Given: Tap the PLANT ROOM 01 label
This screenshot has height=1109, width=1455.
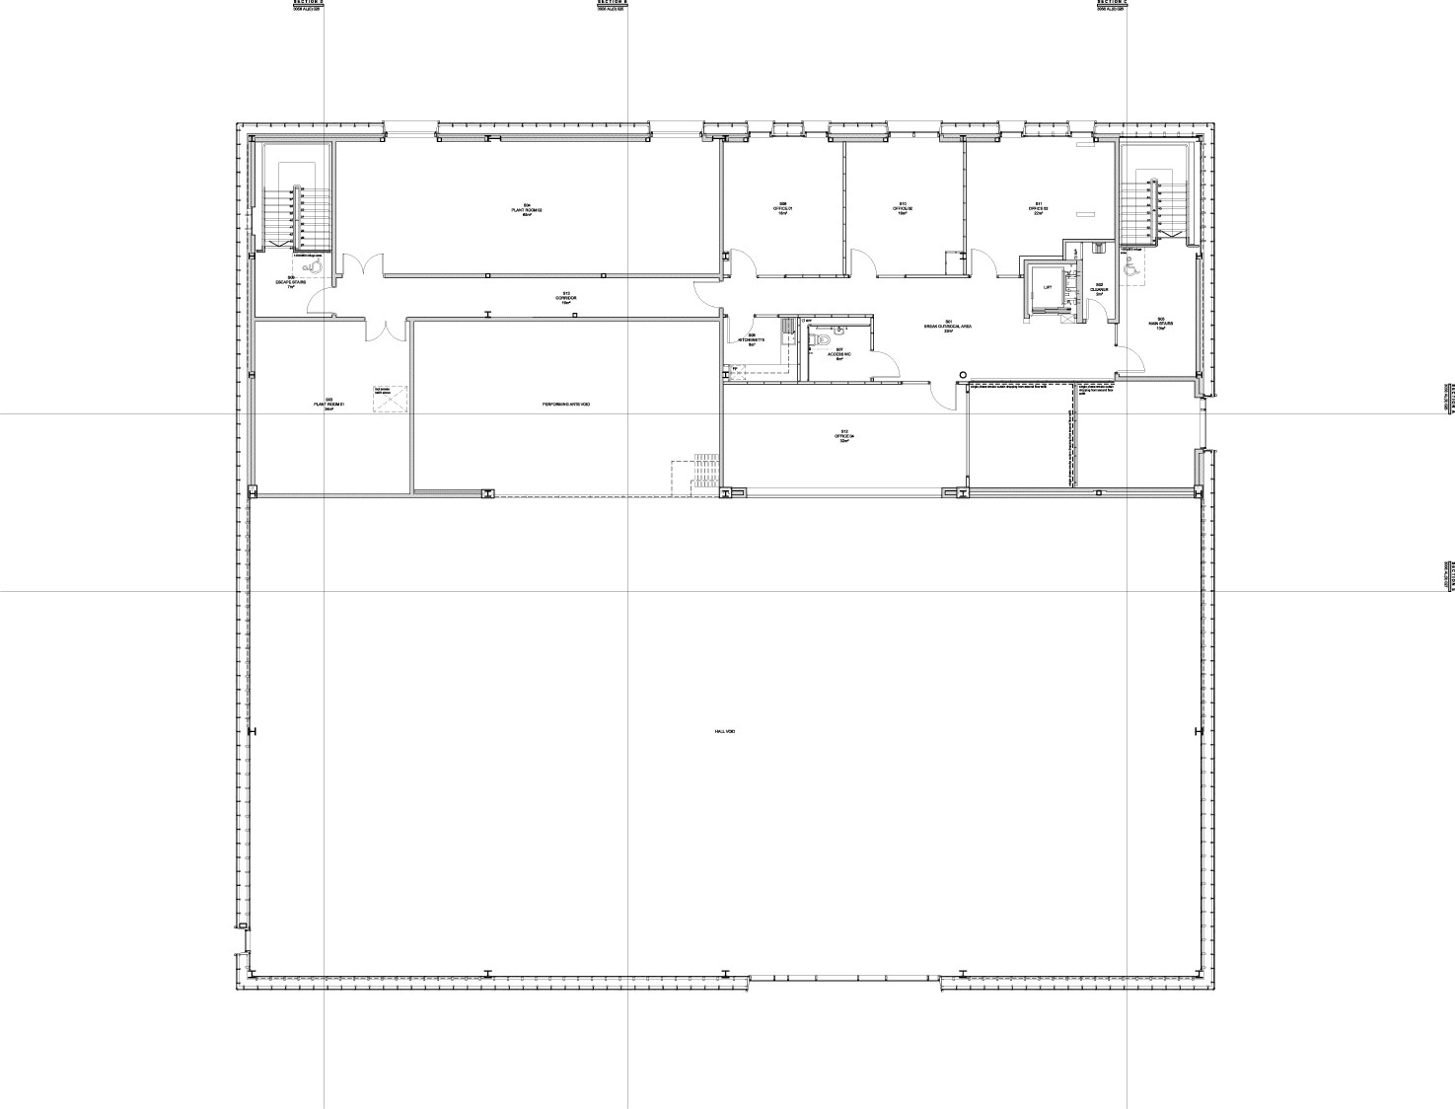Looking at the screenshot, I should [328, 405].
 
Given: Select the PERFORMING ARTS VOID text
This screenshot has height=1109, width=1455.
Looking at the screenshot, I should [566, 406].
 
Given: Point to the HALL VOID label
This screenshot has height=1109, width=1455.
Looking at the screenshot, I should [725, 731].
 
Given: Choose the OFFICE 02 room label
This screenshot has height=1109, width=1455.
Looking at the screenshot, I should [902, 209].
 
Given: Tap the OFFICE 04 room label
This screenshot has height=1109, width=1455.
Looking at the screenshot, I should [844, 436].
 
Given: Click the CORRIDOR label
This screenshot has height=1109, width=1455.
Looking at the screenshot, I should [566, 298].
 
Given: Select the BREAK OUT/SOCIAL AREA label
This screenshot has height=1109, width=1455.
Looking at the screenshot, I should [948, 327].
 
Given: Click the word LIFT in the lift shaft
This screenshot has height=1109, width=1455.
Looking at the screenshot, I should [1048, 287].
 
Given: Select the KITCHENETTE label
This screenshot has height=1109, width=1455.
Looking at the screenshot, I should [752, 339].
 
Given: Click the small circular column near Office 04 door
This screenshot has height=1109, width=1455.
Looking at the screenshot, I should [963, 374].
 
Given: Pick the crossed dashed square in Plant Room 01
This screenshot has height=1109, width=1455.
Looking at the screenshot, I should [389, 399].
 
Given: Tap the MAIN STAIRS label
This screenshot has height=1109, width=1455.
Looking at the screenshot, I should [1160, 324].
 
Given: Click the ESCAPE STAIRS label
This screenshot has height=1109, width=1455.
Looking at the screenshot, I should [291, 282].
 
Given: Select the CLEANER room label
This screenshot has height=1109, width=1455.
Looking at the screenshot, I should [1100, 290].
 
